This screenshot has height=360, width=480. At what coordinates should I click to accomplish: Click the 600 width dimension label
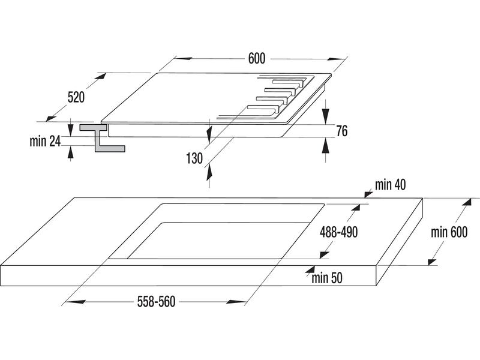(x=256, y=58)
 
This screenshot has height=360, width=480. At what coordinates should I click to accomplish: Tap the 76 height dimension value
(x=342, y=131)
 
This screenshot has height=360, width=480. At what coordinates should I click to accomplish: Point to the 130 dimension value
(x=194, y=158)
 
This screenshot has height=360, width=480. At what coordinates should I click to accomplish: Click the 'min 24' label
(x=45, y=142)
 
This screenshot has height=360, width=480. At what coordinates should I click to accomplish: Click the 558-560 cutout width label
(x=155, y=302)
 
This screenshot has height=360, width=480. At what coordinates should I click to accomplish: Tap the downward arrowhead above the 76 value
(x=325, y=117)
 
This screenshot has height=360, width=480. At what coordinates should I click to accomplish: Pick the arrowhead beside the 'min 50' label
(x=309, y=273)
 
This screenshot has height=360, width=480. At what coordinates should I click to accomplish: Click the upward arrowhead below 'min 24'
(x=71, y=153)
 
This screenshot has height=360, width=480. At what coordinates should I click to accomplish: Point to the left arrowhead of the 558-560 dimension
(x=66, y=302)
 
